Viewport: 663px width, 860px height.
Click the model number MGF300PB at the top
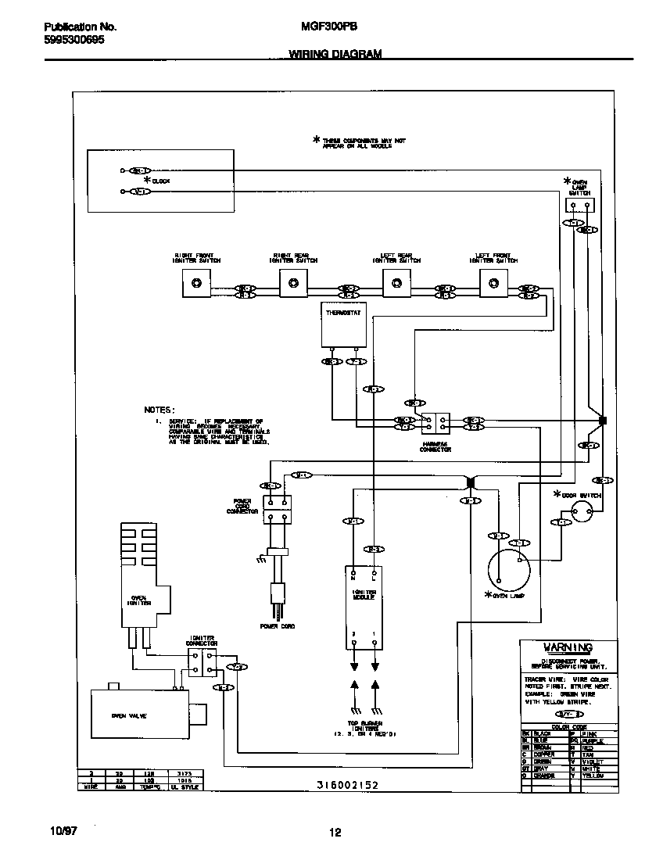[329, 26]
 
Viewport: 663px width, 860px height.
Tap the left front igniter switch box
[493, 283]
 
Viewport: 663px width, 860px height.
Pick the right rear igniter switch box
[293, 283]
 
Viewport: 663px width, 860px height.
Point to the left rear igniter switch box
[394, 283]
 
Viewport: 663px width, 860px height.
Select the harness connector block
[435, 423]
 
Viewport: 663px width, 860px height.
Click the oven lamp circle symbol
[508, 569]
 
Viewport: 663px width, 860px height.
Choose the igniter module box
[364, 607]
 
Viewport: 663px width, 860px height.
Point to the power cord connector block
[276, 509]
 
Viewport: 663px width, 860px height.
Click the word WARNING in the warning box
[568, 647]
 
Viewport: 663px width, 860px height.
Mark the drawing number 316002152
[347, 784]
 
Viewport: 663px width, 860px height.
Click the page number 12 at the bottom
[335, 832]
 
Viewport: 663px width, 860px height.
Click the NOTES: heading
[159, 409]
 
